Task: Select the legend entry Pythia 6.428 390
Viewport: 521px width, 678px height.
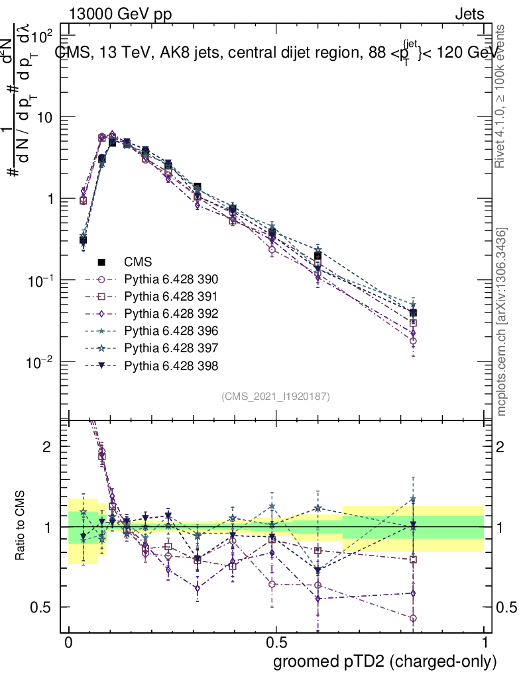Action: [x=171, y=279]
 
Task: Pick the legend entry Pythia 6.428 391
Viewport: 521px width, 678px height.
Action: [x=171, y=297]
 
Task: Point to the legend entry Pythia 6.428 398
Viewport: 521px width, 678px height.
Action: [x=171, y=365]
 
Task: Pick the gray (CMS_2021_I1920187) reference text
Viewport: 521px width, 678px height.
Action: [x=276, y=396]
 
